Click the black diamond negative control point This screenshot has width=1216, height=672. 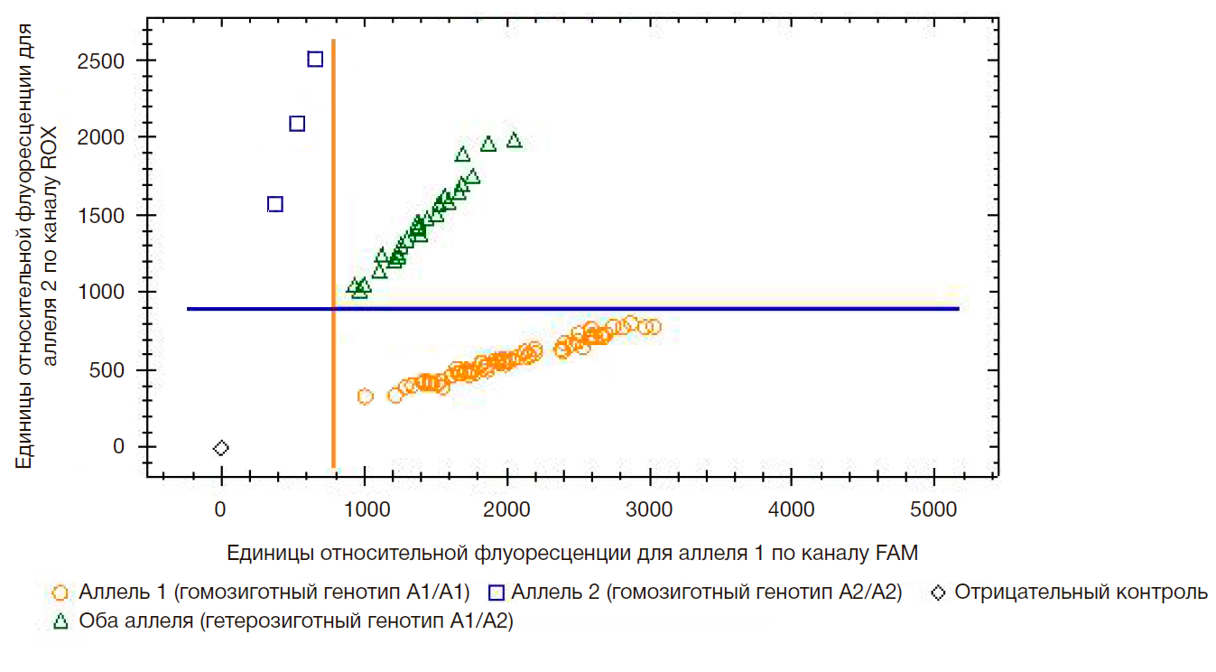[221, 448]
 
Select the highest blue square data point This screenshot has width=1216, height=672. [315, 60]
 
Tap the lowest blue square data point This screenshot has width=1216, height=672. [275, 204]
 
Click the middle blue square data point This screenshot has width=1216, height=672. [297, 124]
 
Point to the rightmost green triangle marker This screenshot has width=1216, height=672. [515, 140]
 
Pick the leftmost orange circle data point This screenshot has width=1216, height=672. [366, 397]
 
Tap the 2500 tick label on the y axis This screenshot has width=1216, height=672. [103, 61]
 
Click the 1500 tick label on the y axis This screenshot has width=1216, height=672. [103, 216]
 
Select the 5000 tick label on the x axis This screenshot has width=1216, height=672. [934, 509]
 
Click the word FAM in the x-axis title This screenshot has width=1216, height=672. [898, 553]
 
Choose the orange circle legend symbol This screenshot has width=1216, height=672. [60, 593]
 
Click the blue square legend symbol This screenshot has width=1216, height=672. [495, 593]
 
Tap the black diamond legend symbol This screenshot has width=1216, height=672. [940, 593]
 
